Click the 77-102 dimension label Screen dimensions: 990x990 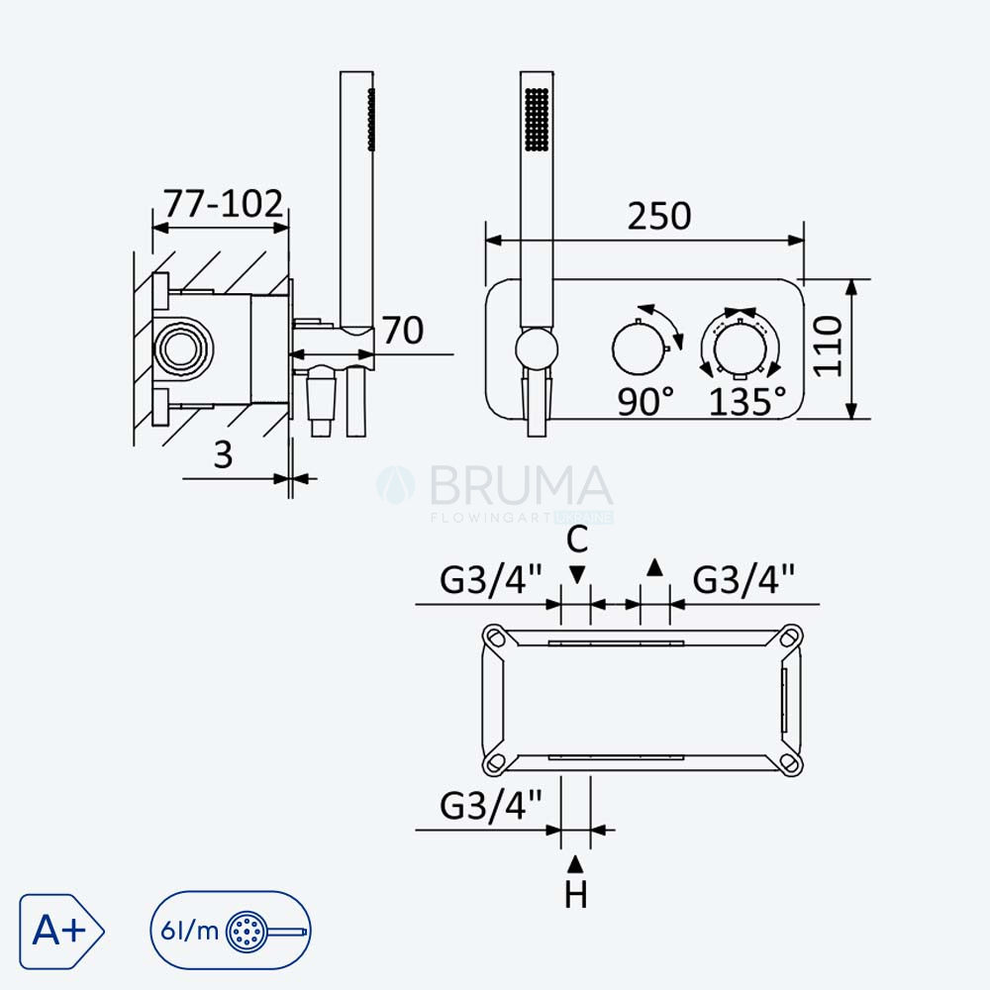(224, 203)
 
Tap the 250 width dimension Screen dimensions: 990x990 (659, 216)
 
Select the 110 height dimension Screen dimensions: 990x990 (828, 346)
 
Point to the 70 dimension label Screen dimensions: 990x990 (403, 331)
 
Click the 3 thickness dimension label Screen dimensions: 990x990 (223, 454)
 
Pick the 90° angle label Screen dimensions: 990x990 (645, 402)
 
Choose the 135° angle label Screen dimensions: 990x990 (747, 402)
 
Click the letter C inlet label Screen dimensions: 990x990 (577, 540)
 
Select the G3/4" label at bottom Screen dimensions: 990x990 (491, 805)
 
